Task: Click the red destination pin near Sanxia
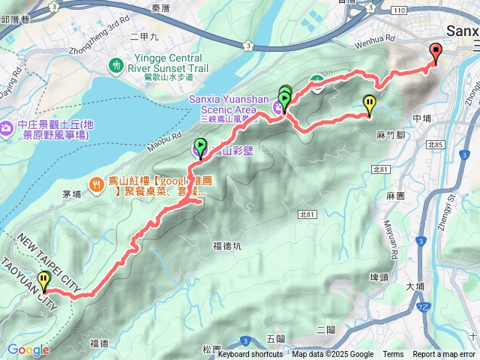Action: pos(436,52)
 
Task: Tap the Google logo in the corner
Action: pos(28,349)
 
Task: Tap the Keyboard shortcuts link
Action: pos(251,355)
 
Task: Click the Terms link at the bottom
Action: pos(393,355)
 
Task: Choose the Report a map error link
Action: pos(443,355)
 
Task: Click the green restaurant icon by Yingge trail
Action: pos(116,65)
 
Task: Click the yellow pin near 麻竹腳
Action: pos(369,103)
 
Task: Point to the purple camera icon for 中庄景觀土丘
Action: pos(6,128)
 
